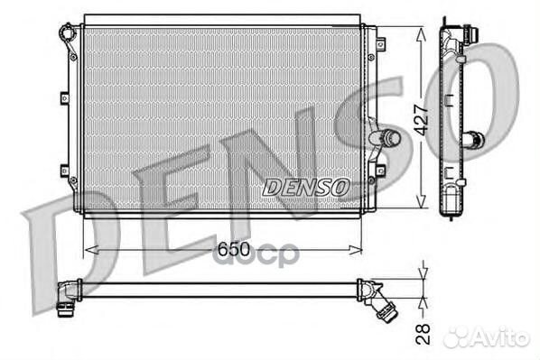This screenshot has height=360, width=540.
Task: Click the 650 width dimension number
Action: (233, 249)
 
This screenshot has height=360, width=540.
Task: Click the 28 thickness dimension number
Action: (423, 334)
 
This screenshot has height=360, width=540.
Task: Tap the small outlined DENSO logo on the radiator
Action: (306, 188)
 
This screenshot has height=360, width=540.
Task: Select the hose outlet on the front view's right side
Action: (385, 137)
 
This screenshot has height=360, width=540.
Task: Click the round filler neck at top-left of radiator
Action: (67, 32)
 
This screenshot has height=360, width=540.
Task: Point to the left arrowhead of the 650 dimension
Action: (91, 250)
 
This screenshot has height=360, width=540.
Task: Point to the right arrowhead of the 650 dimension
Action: (356, 250)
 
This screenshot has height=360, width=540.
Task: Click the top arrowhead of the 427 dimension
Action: (421, 35)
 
